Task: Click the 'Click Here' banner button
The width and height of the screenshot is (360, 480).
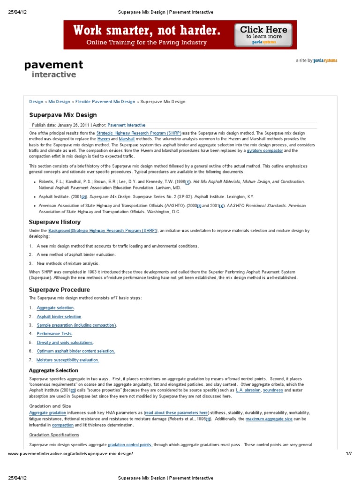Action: (x=264, y=35)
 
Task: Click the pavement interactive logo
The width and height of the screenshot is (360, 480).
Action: (x=53, y=68)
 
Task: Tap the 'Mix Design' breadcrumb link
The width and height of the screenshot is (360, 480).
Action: (x=59, y=101)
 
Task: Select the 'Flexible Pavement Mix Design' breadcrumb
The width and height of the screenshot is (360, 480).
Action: (x=105, y=101)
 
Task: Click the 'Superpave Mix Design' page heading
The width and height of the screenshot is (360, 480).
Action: (x=63, y=115)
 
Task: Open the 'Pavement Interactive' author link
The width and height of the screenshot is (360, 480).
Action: (x=127, y=125)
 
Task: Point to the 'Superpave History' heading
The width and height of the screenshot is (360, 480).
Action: (x=55, y=222)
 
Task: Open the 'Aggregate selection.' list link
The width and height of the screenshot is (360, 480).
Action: (x=55, y=307)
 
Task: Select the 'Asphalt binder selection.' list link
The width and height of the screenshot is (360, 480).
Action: (x=59, y=316)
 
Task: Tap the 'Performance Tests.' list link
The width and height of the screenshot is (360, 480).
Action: (x=55, y=334)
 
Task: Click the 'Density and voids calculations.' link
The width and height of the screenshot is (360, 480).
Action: (x=65, y=343)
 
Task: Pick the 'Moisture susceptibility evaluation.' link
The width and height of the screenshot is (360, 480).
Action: (x=68, y=360)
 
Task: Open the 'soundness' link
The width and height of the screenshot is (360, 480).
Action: (x=273, y=390)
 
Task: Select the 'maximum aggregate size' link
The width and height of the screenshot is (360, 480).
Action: (x=269, y=419)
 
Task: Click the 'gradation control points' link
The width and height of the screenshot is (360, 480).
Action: (x=129, y=444)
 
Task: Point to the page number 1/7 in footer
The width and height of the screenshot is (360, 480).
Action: (x=348, y=454)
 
